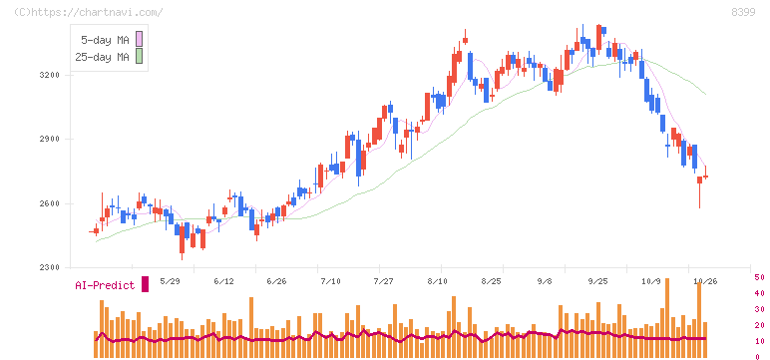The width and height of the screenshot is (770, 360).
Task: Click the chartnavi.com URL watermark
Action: pos(88,12)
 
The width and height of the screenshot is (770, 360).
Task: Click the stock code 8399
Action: pos(743,12)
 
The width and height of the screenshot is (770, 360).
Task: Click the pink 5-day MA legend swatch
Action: pos(139,39)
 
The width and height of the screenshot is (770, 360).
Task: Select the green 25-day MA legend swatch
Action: pos(139,57)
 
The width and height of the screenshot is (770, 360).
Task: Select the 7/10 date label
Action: pos(330,281)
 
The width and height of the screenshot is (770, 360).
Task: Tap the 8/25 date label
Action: pos(491,281)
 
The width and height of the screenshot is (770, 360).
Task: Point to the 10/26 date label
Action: pos(704,281)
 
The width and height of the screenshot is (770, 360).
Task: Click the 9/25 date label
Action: pos(597,281)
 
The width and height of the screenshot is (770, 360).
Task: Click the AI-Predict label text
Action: pos(105,285)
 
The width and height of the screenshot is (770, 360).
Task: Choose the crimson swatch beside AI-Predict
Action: pos(145,284)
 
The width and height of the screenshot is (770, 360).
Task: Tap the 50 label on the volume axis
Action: pos(759,277)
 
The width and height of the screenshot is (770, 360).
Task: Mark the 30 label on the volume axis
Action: pos(759,309)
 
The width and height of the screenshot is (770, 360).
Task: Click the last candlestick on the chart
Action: pos(705,176)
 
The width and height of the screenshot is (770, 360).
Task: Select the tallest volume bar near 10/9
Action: pos(667,318)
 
